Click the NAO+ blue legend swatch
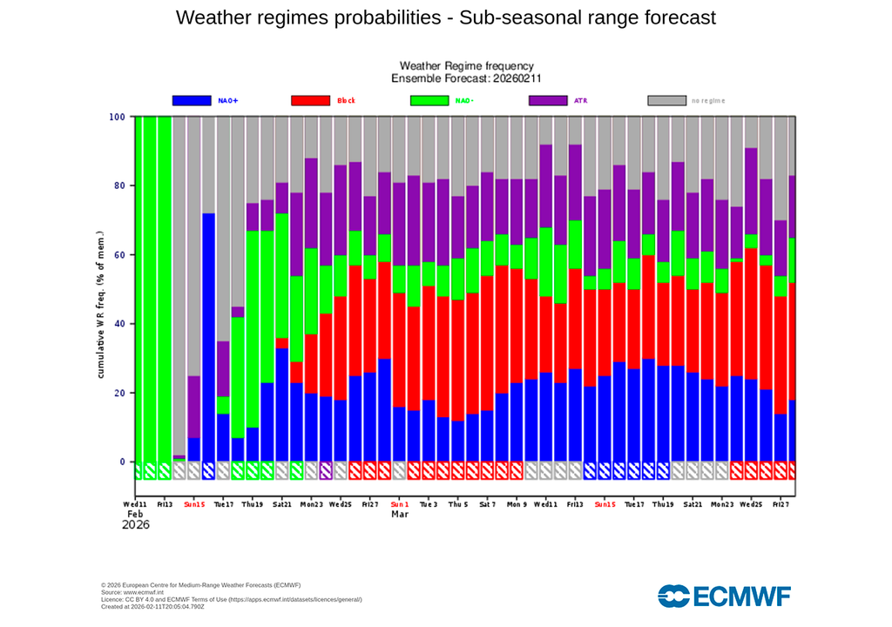click(192, 100)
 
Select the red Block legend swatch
click(310, 100)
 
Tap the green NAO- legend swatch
click(429, 100)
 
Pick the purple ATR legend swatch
click(548, 100)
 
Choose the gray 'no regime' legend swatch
click(666, 100)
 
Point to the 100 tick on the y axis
click(117, 117)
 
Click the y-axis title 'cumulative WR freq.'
click(100, 305)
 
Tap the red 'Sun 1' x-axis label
click(400, 504)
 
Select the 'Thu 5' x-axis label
click(457, 504)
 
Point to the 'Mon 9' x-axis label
click(517, 504)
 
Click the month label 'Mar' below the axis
click(400, 515)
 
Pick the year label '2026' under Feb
click(136, 526)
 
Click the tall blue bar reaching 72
click(209, 340)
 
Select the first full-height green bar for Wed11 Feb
click(139, 287)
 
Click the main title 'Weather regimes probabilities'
click(445, 17)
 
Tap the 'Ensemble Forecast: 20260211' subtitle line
click(466, 78)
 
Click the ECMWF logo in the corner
click(724, 596)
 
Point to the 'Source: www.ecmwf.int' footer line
click(132, 592)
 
